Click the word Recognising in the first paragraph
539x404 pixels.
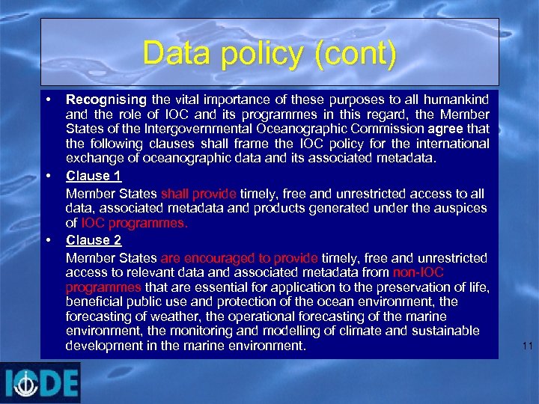point(106,99)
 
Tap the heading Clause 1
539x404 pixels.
point(94,177)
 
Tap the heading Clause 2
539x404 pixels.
point(94,240)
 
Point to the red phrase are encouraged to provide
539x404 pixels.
point(240,257)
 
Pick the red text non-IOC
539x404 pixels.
point(418,272)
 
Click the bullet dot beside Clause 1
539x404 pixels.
point(48,177)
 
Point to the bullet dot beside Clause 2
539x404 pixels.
point(48,240)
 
